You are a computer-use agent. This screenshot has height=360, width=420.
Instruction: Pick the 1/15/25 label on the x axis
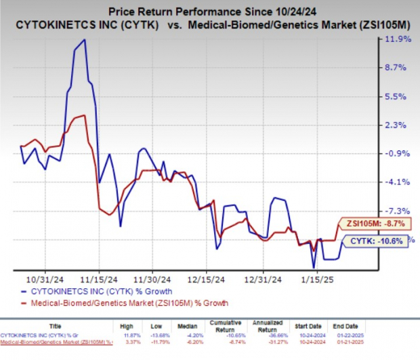(314, 278)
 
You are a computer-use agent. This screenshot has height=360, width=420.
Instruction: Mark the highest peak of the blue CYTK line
(83, 40)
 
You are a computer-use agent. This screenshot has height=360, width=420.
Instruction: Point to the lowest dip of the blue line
(313, 267)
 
